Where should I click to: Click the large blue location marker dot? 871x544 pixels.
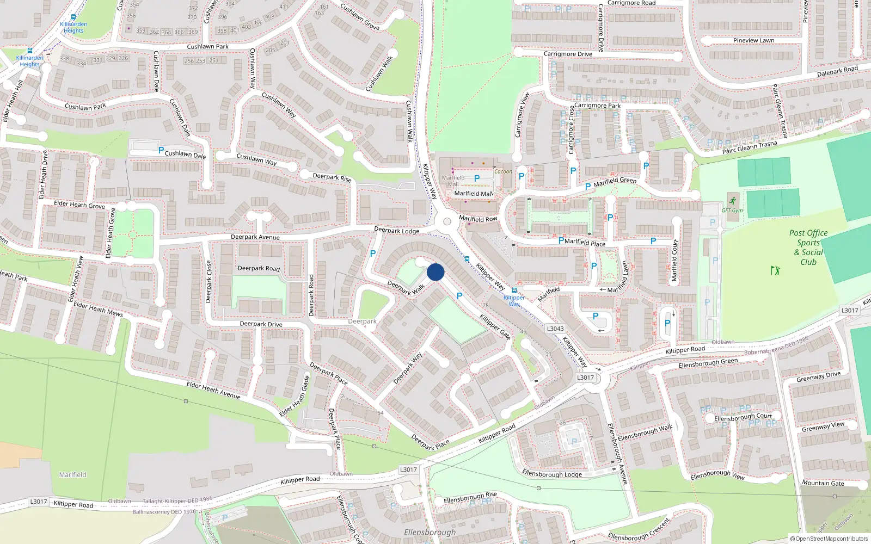coord(436,272)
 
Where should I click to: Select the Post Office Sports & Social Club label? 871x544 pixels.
coord(808,247)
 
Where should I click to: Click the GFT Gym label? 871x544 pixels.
coord(732,211)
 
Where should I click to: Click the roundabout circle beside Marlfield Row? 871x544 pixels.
coord(447,221)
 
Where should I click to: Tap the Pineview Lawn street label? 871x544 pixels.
coord(753,40)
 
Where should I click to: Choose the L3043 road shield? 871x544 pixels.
coord(555,329)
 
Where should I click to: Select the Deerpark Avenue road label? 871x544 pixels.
coord(255,237)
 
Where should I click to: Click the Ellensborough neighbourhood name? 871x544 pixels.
coord(430,532)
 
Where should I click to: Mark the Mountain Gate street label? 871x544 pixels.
coord(823,483)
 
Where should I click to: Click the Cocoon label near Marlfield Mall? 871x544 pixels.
coord(503,171)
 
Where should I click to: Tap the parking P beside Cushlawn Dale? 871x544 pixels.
coord(161,150)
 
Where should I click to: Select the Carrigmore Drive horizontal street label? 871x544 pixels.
coord(568,54)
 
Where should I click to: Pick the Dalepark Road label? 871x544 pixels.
coord(837,71)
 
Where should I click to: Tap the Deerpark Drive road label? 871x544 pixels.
coord(261,324)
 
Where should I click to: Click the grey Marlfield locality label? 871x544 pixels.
coord(72,475)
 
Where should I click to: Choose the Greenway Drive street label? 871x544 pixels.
coord(818,376)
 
